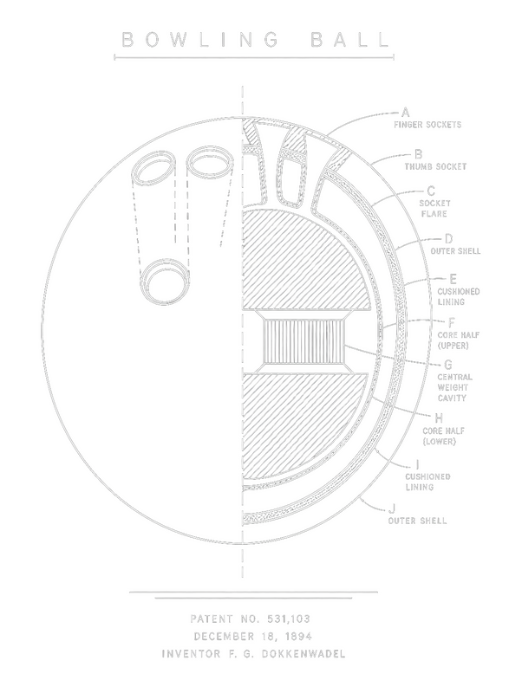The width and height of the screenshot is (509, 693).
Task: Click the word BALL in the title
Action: point(349,39)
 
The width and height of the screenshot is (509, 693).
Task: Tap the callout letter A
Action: point(405,113)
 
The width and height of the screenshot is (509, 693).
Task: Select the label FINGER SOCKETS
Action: point(427,125)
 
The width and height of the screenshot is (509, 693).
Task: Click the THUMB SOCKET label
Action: point(435,166)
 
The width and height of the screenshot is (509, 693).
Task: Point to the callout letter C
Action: point(431,191)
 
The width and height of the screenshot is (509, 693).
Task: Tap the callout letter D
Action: point(448,239)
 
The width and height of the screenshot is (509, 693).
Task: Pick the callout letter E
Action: point(453,279)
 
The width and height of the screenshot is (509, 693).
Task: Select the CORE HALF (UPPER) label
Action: point(458,340)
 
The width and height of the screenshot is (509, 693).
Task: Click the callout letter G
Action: point(448,365)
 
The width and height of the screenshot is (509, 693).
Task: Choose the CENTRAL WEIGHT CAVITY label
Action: point(455,387)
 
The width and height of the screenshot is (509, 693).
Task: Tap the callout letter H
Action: point(439,418)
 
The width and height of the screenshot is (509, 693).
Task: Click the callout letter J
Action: point(393,508)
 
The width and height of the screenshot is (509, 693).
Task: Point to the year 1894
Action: point(298,637)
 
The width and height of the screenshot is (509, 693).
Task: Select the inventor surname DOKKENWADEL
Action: point(303,654)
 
